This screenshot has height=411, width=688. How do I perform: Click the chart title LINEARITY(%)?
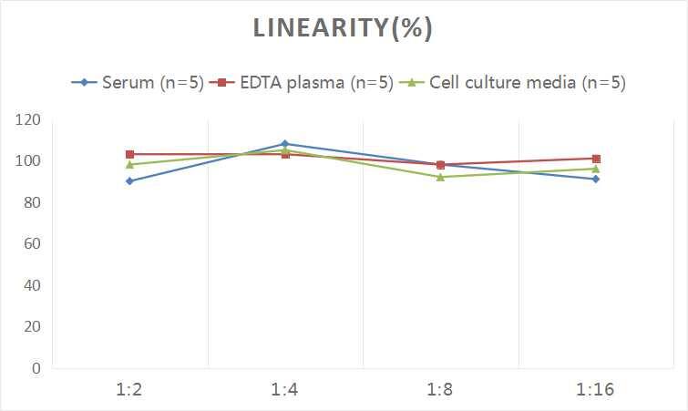click(x=343, y=29)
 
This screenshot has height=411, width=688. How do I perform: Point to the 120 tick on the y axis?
click(x=27, y=119)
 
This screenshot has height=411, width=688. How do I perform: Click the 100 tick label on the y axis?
click(x=27, y=161)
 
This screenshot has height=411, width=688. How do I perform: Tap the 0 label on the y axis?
click(x=36, y=368)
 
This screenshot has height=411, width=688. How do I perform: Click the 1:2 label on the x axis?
click(x=129, y=390)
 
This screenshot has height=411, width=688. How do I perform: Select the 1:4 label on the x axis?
click(x=285, y=390)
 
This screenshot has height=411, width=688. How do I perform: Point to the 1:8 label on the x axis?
click(x=440, y=390)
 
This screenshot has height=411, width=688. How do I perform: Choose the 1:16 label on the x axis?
click(x=596, y=390)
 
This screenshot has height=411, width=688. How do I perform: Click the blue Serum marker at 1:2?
click(x=130, y=181)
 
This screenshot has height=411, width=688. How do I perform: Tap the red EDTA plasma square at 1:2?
click(x=130, y=155)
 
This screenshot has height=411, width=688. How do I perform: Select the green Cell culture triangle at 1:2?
click(x=130, y=165)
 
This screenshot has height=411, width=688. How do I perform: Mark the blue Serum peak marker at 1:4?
click(x=285, y=144)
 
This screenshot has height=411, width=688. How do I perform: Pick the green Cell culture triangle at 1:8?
click(x=440, y=177)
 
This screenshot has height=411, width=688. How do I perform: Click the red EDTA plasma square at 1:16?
click(x=596, y=159)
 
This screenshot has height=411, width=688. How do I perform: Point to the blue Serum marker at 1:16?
click(x=596, y=180)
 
